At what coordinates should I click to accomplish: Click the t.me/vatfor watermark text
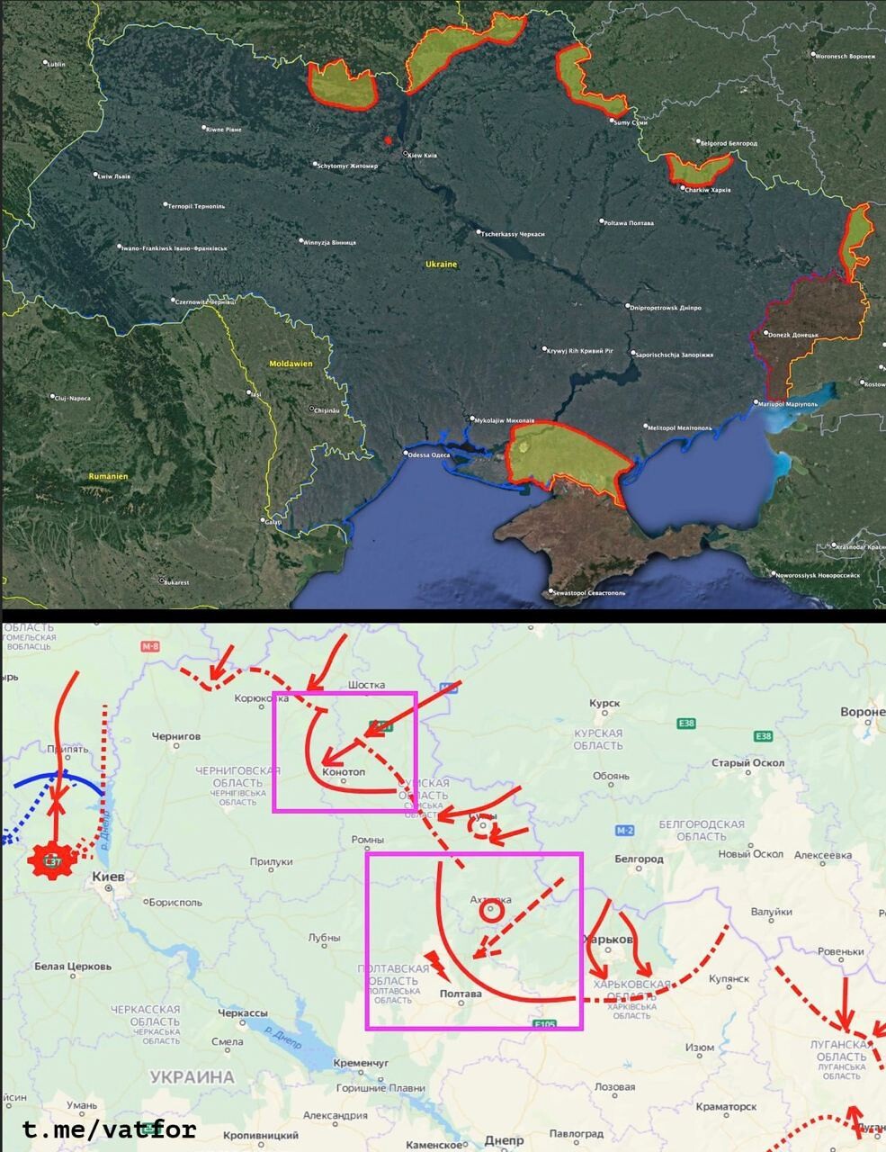tap(109, 1129)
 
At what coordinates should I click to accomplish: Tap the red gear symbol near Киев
tap(50, 860)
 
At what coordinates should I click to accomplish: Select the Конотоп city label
tap(344, 772)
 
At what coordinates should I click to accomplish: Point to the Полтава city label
tap(461, 994)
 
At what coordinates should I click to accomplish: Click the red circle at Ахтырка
tap(490, 910)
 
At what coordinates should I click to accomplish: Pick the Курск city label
tap(604, 703)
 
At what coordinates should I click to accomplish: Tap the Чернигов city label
tap(176, 735)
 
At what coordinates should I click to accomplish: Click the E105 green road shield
tap(545, 1024)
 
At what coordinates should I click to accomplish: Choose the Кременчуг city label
tap(360, 1063)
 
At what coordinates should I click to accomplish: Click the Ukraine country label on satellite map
tap(441, 265)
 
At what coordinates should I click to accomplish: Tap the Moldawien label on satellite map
tap(291, 364)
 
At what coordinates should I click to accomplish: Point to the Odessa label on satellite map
tap(428, 454)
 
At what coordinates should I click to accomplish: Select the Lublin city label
tap(56, 64)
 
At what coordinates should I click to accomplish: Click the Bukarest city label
tap(175, 582)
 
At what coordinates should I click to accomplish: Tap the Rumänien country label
tap(108, 476)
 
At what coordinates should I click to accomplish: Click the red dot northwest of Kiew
tap(388, 140)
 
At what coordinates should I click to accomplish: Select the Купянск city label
tap(729, 978)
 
